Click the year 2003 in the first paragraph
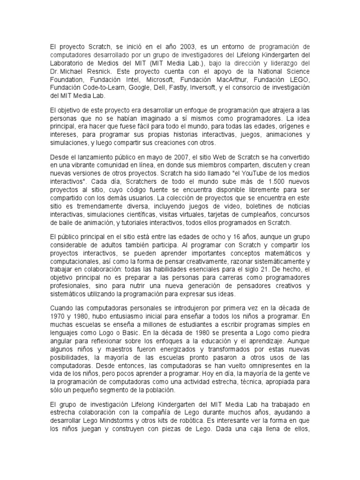[187, 47]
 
